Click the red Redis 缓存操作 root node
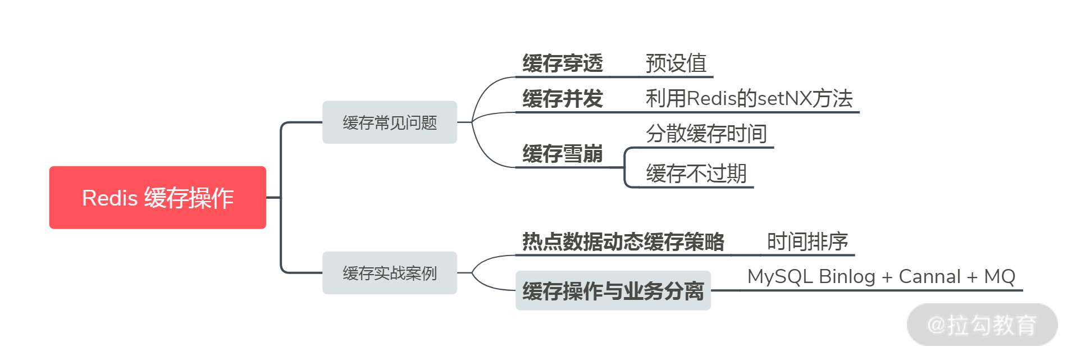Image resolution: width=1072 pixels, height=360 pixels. tap(157, 198)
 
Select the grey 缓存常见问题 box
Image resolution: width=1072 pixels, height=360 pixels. tap(389, 122)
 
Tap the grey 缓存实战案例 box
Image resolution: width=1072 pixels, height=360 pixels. tap(389, 273)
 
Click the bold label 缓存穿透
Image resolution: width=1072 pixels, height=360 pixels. tap(562, 63)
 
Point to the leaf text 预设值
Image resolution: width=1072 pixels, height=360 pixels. tap(676, 63)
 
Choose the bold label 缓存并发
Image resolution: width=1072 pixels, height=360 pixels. tap(562, 99)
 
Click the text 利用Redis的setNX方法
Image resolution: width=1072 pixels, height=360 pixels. tap(749, 99)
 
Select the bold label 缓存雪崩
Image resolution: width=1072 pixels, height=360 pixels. tap(562, 153)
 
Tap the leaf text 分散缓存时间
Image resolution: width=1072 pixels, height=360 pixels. tap(706, 134)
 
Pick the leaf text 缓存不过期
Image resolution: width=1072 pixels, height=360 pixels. tap(696, 174)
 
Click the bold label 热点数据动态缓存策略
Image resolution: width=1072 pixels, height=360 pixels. tap(623, 241)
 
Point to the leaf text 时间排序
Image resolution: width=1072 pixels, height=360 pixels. tap(808, 241)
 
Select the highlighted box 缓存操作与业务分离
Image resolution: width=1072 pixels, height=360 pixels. tap(613, 291)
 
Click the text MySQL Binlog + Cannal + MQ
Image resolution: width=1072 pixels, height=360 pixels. tap(881, 276)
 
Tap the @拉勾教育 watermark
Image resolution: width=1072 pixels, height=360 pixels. tap(982, 325)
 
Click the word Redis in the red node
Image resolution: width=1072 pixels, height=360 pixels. tap(110, 198)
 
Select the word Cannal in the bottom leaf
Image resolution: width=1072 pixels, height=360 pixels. tap(929, 276)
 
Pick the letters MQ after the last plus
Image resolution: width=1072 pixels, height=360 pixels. tap(1000, 276)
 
